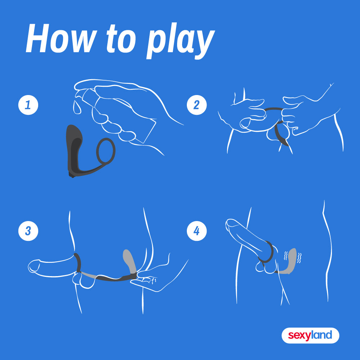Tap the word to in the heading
point(121,39)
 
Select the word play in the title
point(180,41)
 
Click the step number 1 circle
point(28,105)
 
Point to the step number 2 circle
point(197,105)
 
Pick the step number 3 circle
point(28,231)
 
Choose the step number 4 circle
point(197,231)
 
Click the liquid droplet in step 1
point(77,107)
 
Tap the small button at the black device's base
point(72,176)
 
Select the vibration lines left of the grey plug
point(286,256)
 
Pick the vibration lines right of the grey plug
point(299,258)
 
